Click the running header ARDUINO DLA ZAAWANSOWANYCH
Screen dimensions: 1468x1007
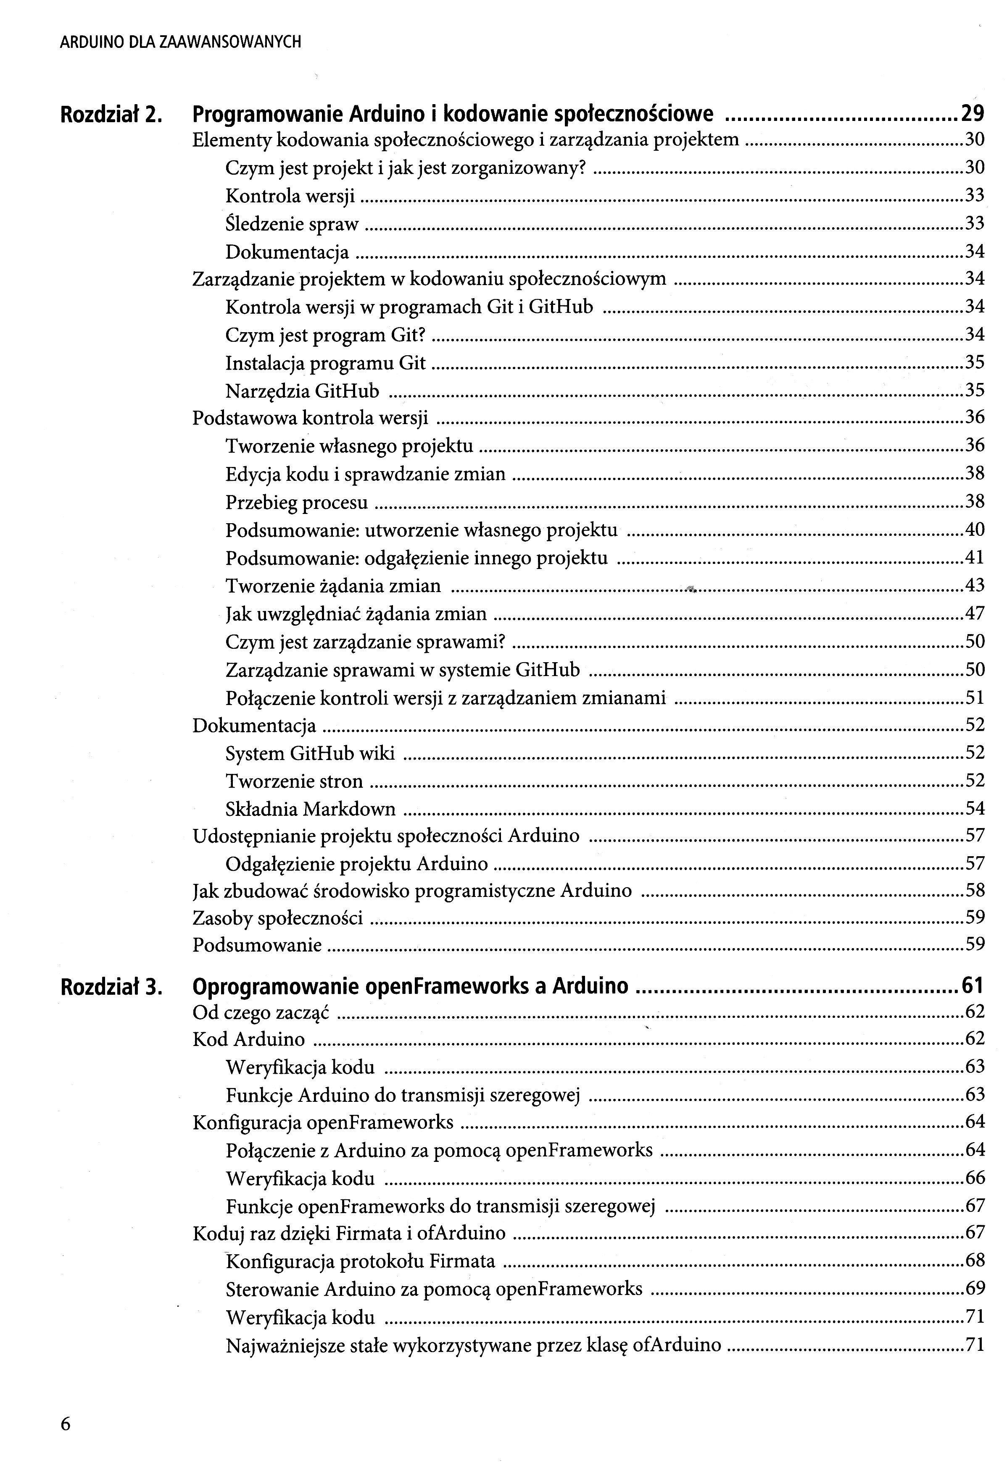click(180, 42)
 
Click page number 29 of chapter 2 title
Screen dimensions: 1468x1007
click(972, 114)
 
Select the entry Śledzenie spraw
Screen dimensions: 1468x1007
click(292, 224)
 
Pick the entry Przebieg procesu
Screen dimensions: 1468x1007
click(296, 503)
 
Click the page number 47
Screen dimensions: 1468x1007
click(975, 613)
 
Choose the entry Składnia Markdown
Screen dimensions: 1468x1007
click(311, 809)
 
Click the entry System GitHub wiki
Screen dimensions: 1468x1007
click(310, 754)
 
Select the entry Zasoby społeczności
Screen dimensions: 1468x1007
click(277, 917)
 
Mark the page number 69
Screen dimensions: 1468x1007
click(975, 1289)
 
